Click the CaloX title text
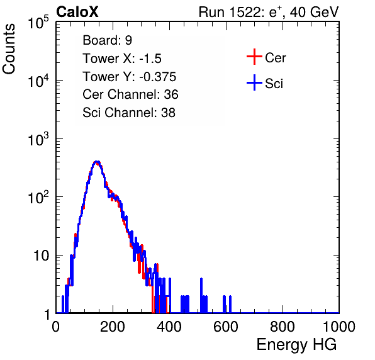pos(77,12)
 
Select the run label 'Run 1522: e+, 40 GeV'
pos(269,12)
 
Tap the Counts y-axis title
pos(9,49)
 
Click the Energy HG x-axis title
pos(296,345)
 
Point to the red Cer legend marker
pos(254,57)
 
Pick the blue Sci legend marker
pos(254,83)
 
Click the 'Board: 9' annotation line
pos(107,40)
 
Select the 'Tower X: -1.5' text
pos(122,59)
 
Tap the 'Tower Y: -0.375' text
pos(130,77)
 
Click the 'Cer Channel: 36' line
pos(130,94)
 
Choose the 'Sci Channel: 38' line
pos(129,113)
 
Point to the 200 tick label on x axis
pos(113,327)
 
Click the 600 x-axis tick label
pos(226,327)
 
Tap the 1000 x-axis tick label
pos(339,327)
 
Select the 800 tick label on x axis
pos(283,327)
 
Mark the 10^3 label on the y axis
pos(39,139)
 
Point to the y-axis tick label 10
pos(42,256)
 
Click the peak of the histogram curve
pos(97,162)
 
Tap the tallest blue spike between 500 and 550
pos(201,279)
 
